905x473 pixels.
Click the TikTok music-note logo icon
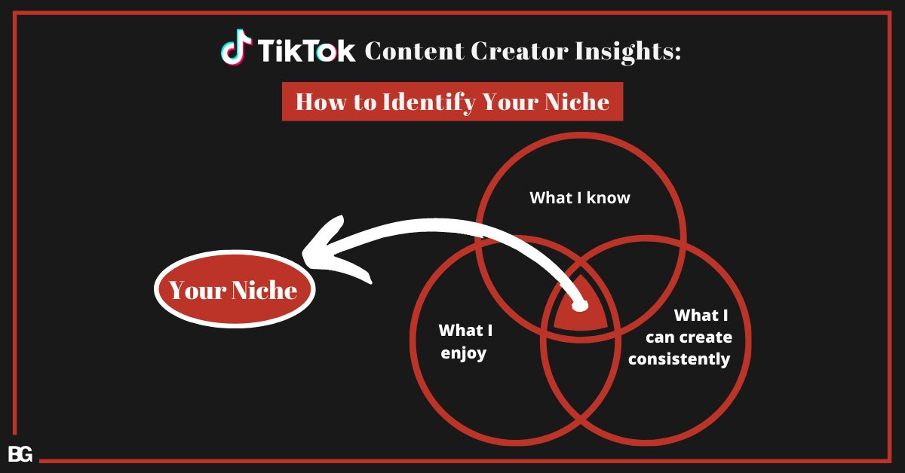coord(236,47)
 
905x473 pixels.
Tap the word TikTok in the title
coord(306,51)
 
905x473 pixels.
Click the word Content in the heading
coord(415,51)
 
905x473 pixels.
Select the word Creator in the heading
coord(520,51)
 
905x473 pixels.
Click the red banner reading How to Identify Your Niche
coord(452,101)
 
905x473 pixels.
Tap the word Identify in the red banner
coord(429,102)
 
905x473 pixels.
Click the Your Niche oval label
coord(235,289)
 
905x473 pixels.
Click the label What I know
coord(580,198)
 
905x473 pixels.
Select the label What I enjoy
coord(465,341)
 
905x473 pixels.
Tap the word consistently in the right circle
coord(680,359)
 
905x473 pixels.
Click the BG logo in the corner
coord(20,454)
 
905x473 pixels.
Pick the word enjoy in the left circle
coord(463,353)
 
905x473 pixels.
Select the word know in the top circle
coord(608,198)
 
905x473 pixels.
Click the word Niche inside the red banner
coord(577,102)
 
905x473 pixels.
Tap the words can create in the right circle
coord(689,337)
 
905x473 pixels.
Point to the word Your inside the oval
coord(198,290)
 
